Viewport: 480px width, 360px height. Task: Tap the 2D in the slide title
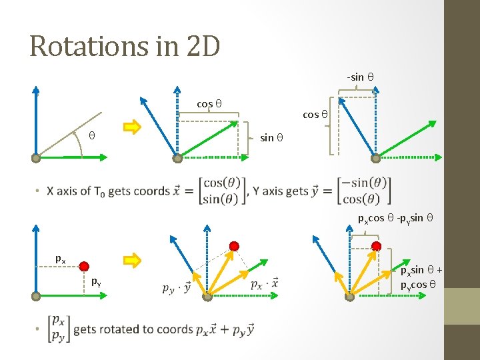coord(198,46)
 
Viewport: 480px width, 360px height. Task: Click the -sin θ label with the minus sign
coord(360,77)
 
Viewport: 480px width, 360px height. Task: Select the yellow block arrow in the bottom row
coord(133,257)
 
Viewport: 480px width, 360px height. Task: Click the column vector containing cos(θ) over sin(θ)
coord(223,191)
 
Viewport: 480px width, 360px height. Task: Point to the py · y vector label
coord(177,288)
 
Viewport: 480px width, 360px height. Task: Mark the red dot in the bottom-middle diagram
coord(234,246)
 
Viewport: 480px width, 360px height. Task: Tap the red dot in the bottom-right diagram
coord(376,246)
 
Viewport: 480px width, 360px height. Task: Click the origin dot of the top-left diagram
coord(36,159)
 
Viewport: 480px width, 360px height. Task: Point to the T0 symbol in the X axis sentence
coord(101,192)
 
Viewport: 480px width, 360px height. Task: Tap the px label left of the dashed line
coord(60,258)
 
